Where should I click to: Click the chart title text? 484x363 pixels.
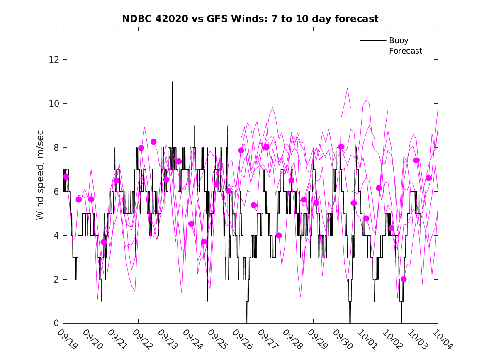(250, 19)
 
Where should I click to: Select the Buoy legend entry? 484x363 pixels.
(398, 41)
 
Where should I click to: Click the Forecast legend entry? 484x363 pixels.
(405, 51)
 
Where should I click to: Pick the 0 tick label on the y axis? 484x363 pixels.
(55, 323)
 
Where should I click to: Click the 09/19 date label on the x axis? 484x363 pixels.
(67, 339)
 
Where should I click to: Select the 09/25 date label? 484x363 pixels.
(217, 339)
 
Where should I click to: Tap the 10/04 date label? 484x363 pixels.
(442, 339)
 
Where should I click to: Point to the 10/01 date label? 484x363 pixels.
(367, 339)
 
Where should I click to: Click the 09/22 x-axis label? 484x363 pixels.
(142, 339)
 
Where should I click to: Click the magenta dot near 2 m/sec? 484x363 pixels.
(404, 279)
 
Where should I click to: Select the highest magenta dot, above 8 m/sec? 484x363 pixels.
(153, 142)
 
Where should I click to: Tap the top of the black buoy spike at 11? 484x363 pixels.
(173, 82)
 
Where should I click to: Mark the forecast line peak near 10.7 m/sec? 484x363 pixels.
(347, 88)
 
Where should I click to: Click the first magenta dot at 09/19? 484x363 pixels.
(66, 177)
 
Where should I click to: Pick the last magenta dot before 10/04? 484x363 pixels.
(429, 178)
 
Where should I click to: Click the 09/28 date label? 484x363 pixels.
(292, 339)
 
